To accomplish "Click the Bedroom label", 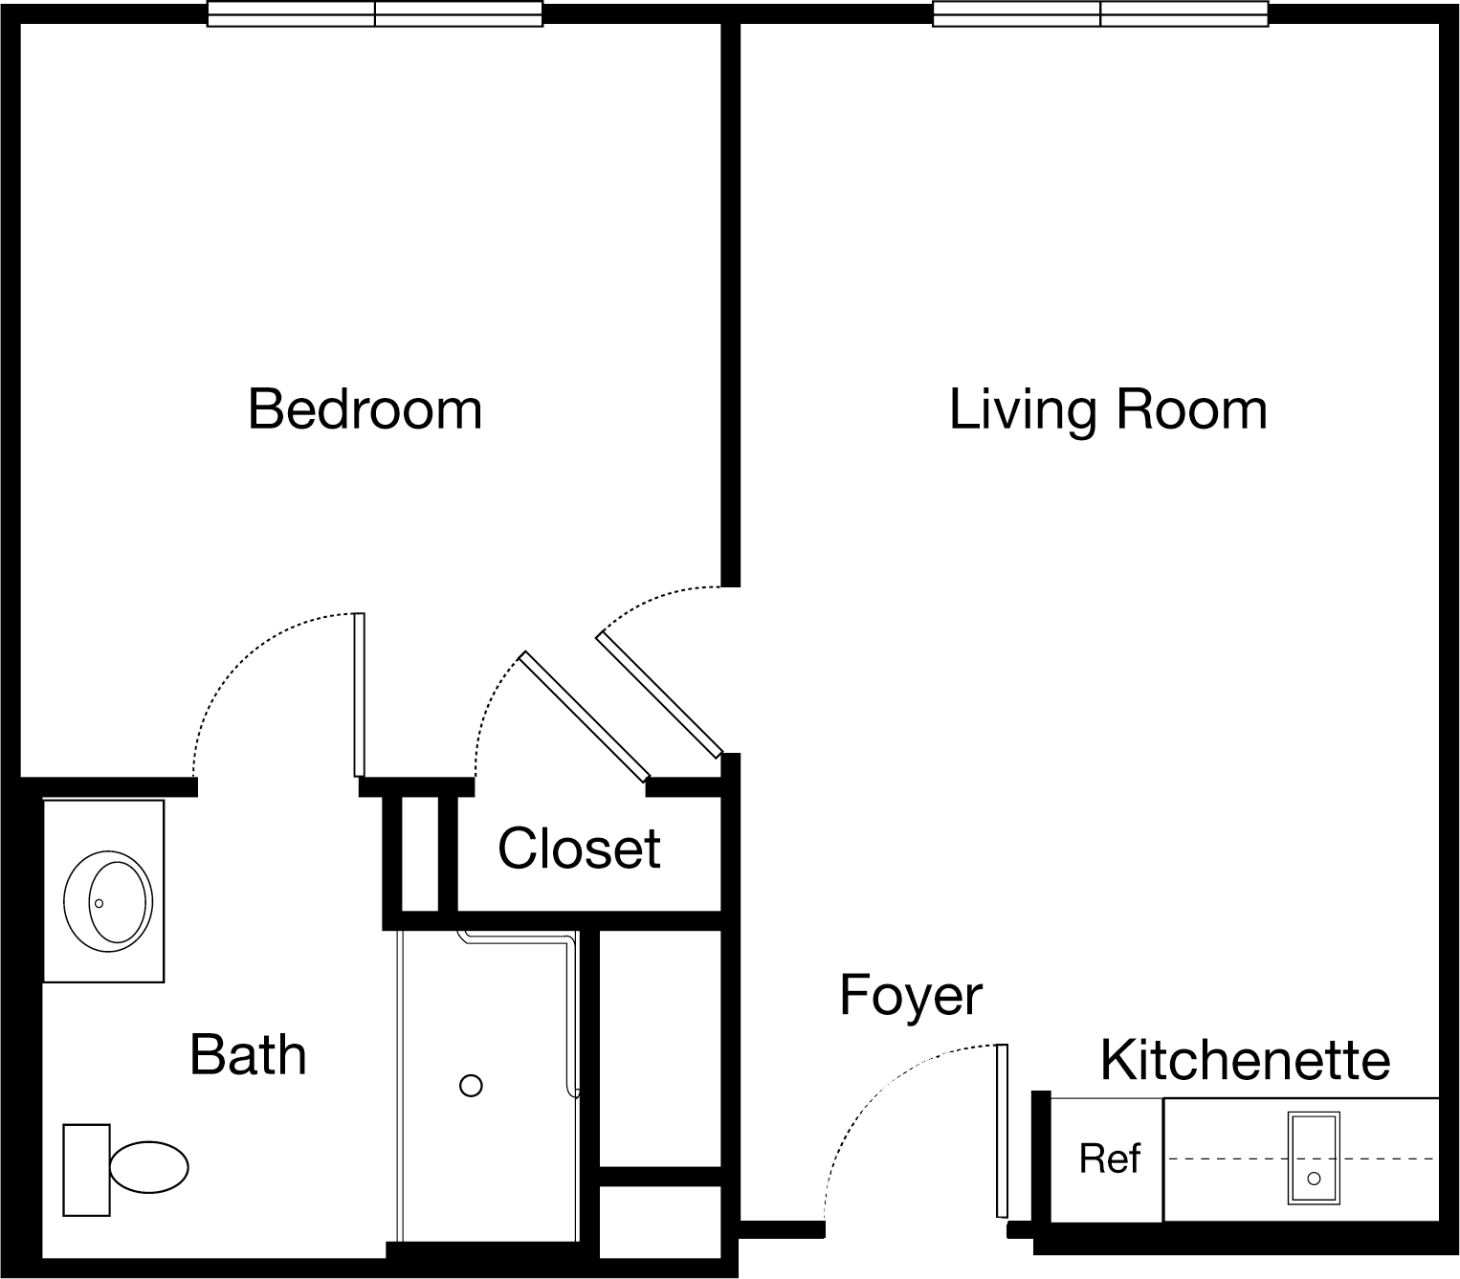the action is click(x=365, y=409).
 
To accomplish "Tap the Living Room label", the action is click(x=1108, y=410).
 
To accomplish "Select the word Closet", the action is click(x=580, y=849).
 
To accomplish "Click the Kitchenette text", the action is click(x=1246, y=1060).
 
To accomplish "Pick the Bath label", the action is click(x=248, y=1055).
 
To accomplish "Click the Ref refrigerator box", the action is click(x=1108, y=1159).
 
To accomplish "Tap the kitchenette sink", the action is click(x=1314, y=1158).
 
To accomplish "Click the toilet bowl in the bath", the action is click(x=148, y=1167).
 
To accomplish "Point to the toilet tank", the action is click(x=86, y=1170).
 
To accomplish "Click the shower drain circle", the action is click(x=471, y=1086).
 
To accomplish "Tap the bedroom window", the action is click(x=375, y=13).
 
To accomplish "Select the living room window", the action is click(x=1100, y=13).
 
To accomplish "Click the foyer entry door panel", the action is click(x=1002, y=1132).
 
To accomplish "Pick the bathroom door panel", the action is click(x=359, y=695).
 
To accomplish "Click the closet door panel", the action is click(x=584, y=717).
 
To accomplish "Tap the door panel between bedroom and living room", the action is click(x=658, y=695).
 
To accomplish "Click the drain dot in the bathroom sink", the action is click(x=99, y=904).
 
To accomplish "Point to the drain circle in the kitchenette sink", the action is click(x=1314, y=1179).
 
